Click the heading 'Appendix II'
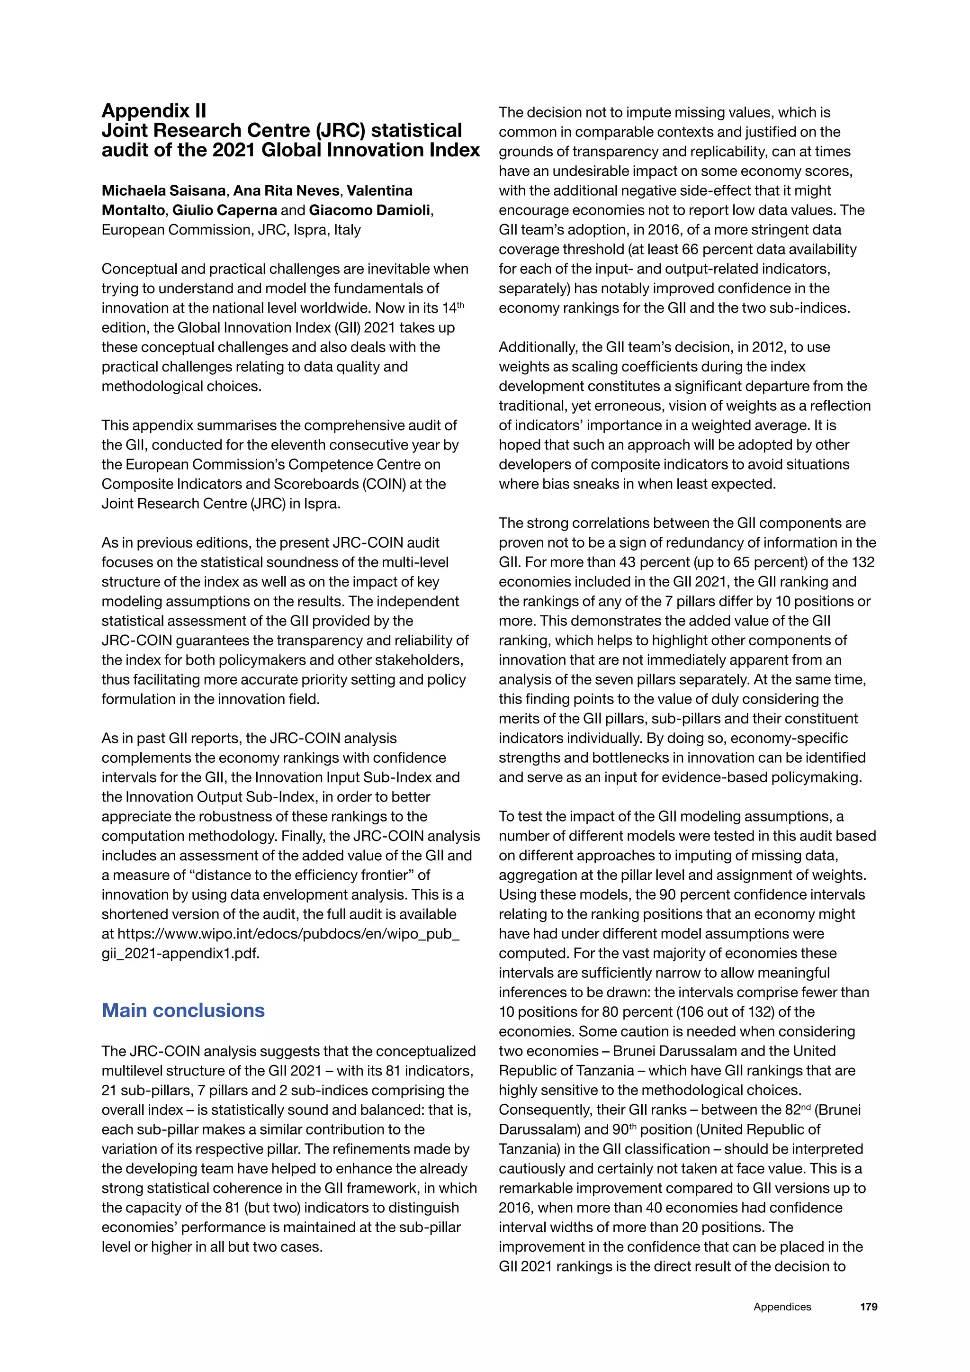click(x=153, y=111)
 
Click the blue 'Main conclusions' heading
click(x=183, y=1010)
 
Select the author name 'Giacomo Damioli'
click(x=369, y=210)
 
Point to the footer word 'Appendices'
click(x=782, y=1307)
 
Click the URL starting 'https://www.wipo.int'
click(x=288, y=933)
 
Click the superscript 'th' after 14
click(x=460, y=305)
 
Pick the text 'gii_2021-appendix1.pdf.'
click(x=180, y=953)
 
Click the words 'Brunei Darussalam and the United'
click(x=724, y=1051)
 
